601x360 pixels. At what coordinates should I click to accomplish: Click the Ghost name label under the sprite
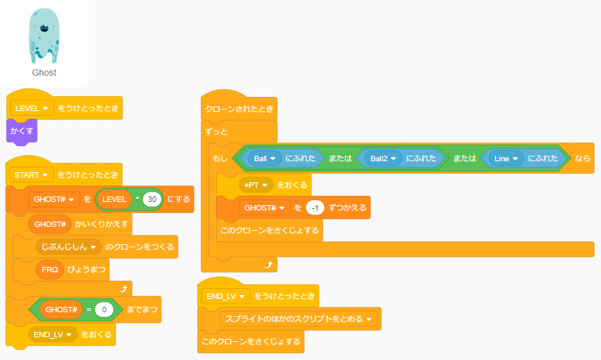click(44, 72)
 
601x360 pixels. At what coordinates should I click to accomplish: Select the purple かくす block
click(22, 131)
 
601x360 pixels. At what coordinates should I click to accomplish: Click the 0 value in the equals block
click(103, 310)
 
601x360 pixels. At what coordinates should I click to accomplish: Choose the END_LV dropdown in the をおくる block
click(52, 334)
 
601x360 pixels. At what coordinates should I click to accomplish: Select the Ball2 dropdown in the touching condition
click(383, 158)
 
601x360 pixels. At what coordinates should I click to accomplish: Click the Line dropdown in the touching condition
click(506, 158)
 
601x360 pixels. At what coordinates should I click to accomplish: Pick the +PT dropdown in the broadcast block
click(256, 185)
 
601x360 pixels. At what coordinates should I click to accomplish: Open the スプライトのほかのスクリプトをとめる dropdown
click(300, 319)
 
